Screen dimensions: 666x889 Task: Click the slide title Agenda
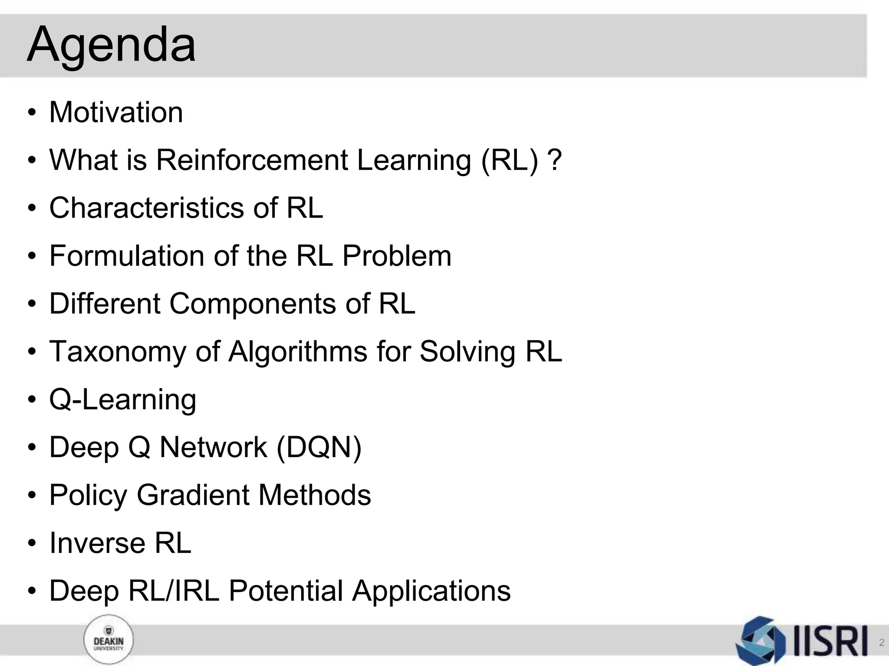[x=111, y=45]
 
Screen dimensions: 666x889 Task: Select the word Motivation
[x=116, y=112]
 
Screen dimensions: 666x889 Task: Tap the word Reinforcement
[x=252, y=160]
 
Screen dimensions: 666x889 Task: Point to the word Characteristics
[x=147, y=208]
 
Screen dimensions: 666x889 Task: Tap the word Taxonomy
[x=118, y=351]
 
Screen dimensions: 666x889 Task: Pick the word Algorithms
[x=298, y=351]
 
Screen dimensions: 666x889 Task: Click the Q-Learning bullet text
[x=123, y=399]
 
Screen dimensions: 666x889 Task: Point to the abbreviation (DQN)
[x=319, y=447]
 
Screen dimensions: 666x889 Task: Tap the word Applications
[x=431, y=591]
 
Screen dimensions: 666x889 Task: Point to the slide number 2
[x=881, y=643]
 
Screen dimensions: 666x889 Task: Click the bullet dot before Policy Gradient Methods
[x=32, y=496]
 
